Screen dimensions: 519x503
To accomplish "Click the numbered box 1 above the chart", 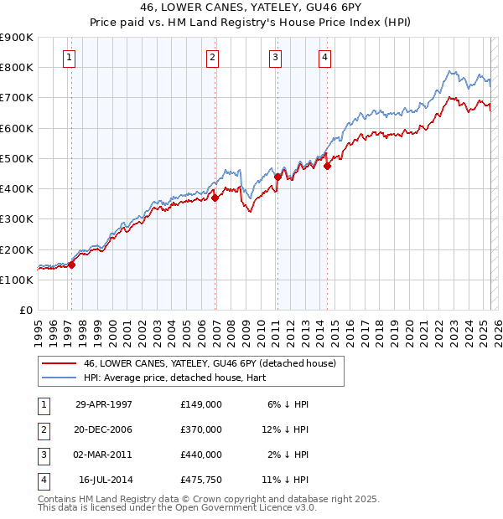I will coord(68,58).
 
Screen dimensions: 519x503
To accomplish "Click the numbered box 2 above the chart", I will coord(213,58).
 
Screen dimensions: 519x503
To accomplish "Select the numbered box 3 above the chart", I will coord(275,58).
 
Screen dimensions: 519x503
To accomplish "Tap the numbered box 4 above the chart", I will coord(324,58).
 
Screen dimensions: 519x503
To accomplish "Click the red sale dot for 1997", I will coord(71,265).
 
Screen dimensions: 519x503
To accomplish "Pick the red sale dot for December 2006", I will coord(215,198).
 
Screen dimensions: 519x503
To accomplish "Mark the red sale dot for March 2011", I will coord(277,177).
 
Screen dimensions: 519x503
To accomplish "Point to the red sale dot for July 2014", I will coord(328,166).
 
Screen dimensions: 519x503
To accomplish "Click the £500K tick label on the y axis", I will coord(16,158).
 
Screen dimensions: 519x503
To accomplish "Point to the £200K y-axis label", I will coord(16,249).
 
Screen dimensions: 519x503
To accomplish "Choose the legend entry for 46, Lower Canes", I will coord(210,363).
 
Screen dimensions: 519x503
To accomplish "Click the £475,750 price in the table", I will coord(200,480).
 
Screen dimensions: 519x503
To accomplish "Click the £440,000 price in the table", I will coord(200,455).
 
